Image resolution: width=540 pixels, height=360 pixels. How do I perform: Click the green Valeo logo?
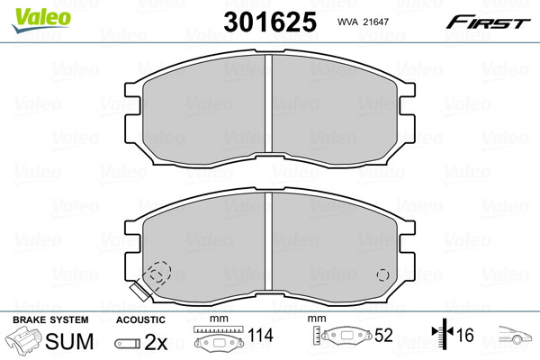(x=41, y=20)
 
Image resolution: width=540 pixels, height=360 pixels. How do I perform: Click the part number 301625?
(x=270, y=22)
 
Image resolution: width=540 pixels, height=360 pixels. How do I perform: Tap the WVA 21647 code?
(x=363, y=22)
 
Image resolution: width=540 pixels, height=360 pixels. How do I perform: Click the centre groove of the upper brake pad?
(x=268, y=103)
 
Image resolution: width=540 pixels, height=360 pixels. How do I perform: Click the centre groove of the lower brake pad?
(x=268, y=241)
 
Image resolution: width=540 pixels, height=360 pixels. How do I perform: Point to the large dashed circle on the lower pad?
(x=157, y=274)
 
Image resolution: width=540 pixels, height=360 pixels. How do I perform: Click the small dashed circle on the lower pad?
(x=383, y=274)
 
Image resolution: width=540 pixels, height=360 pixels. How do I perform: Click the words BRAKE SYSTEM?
(x=50, y=319)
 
